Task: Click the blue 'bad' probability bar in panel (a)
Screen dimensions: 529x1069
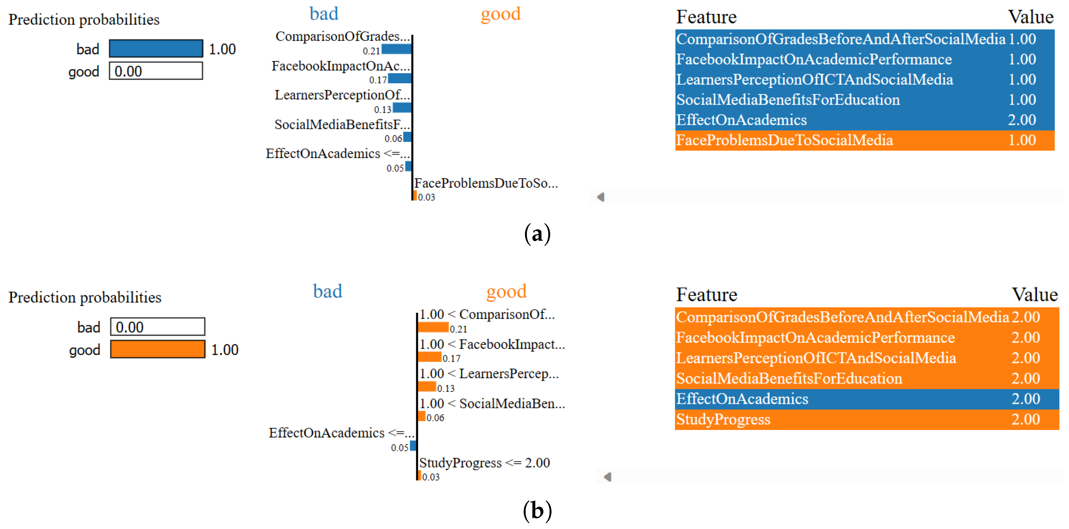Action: click(156, 49)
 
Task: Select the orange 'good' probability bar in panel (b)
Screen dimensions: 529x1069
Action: click(158, 349)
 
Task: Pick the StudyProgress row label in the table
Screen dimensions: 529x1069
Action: click(723, 419)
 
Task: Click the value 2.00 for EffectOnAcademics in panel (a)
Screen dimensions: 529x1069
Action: click(1022, 120)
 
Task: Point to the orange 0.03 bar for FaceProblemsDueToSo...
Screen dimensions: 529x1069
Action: click(415, 195)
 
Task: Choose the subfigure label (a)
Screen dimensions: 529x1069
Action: click(537, 233)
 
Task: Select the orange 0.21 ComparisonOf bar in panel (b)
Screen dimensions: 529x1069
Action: click(433, 327)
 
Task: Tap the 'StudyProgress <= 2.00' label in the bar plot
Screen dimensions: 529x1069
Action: click(484, 463)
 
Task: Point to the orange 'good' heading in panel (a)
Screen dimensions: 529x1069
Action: click(500, 14)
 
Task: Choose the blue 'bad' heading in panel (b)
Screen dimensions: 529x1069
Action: click(328, 291)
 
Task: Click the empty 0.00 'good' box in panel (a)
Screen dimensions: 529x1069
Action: click(156, 71)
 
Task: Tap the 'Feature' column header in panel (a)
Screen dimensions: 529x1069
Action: click(706, 17)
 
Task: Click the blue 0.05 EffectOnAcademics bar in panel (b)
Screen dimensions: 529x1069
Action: click(413, 446)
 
